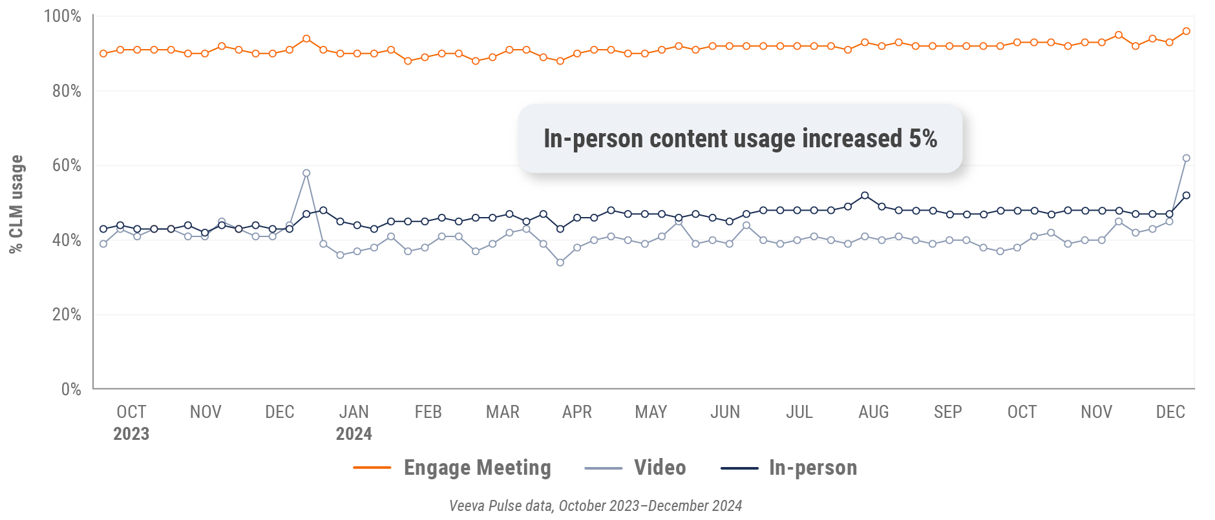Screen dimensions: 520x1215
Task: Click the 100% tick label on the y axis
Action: coord(62,16)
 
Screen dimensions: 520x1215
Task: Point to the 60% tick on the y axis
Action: coord(67,165)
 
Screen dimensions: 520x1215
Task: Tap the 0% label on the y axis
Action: coord(70,389)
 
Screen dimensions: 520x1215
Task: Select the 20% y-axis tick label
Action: coord(67,315)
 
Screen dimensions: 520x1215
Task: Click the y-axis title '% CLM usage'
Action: coord(16,204)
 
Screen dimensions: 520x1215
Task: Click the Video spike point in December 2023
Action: coord(306,173)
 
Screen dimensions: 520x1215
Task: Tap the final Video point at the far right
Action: coord(1186,158)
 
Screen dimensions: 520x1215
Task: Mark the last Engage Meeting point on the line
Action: coord(1186,31)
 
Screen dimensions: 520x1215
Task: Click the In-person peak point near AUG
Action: coord(865,195)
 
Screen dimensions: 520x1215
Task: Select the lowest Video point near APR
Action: coord(560,262)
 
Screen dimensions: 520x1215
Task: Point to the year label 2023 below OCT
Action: coord(131,433)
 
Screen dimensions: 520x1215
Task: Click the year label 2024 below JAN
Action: coord(354,433)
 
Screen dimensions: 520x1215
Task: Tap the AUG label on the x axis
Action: coord(873,412)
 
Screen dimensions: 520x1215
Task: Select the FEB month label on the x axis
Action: coord(428,412)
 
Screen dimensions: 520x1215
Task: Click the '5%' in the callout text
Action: coord(923,138)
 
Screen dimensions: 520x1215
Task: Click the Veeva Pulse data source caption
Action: coord(595,506)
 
